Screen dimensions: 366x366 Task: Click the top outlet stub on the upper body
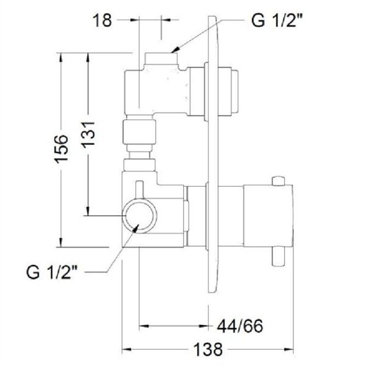[160, 58]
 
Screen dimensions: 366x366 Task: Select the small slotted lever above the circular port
[142, 187]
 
